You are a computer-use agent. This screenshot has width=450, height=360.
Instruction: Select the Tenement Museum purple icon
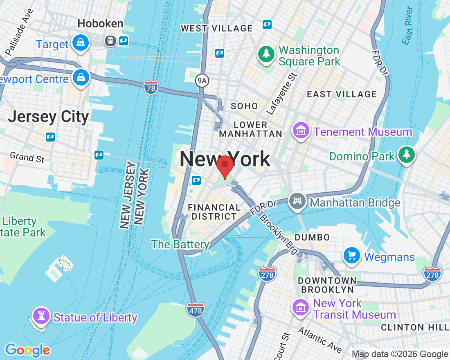[301, 131]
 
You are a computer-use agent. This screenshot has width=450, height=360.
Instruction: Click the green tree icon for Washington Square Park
[266, 54]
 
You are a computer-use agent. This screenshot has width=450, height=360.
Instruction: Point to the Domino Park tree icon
[406, 155]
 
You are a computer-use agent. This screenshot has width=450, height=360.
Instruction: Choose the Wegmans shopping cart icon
[352, 256]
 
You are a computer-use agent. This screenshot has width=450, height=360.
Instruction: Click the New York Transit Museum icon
[301, 308]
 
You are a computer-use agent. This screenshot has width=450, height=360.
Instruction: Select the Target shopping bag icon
[81, 43]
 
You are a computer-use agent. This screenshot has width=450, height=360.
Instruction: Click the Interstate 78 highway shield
[151, 87]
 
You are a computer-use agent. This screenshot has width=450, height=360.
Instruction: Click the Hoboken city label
[100, 24]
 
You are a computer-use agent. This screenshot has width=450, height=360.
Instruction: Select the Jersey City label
[49, 117]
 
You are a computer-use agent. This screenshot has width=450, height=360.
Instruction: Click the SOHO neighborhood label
[244, 106]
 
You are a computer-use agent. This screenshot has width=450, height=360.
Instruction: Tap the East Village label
[342, 94]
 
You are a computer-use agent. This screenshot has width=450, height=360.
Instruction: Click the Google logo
[27, 350]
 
